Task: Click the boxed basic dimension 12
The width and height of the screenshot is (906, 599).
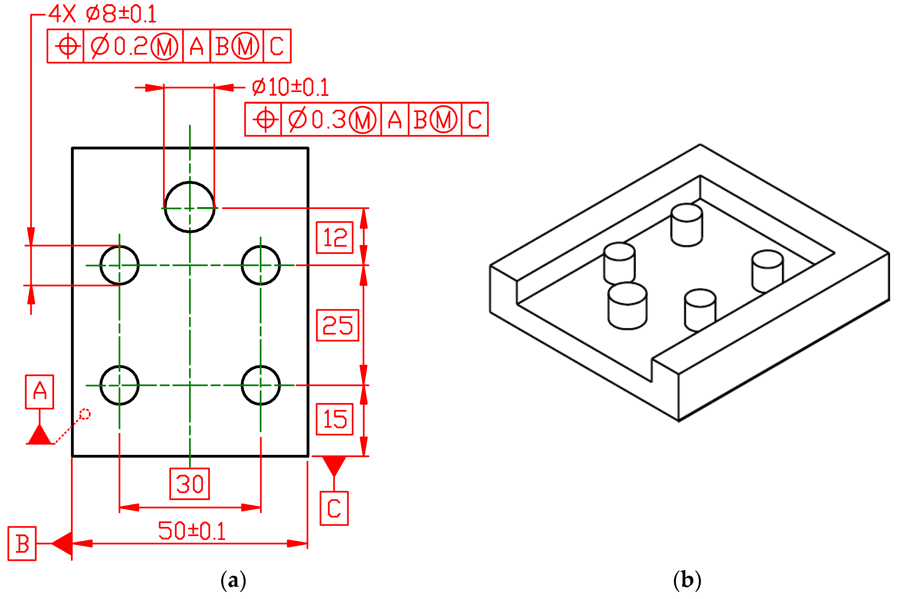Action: click(x=334, y=238)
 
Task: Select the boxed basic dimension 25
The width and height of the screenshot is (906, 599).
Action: click(x=337, y=325)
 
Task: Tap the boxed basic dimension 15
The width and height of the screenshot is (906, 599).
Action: click(x=334, y=419)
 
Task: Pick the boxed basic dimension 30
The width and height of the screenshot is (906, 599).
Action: click(x=190, y=484)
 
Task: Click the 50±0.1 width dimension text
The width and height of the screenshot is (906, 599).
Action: click(x=192, y=531)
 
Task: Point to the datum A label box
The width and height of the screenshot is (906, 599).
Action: click(x=39, y=392)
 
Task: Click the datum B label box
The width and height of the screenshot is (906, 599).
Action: click(x=22, y=544)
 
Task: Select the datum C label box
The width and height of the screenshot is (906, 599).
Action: click(x=334, y=508)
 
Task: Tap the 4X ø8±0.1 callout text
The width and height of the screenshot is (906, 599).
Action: click(x=102, y=14)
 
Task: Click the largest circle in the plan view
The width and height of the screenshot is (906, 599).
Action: click(x=190, y=207)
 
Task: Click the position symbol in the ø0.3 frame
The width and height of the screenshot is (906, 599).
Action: click(x=265, y=119)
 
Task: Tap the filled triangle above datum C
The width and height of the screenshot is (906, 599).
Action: click(x=334, y=465)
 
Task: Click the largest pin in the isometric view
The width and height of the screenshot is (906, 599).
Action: click(x=627, y=306)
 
